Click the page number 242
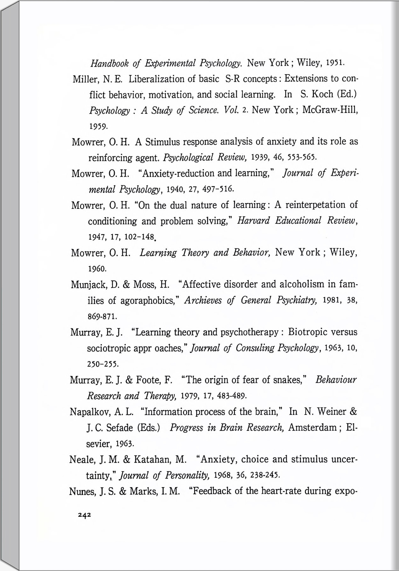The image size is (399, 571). coord(85,514)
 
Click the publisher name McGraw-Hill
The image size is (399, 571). coord(330,110)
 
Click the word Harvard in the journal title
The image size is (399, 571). coord(253,221)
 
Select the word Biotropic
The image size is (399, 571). coord(307,332)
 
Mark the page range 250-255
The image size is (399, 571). coord(103,364)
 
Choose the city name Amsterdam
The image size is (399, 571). coord(312,427)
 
